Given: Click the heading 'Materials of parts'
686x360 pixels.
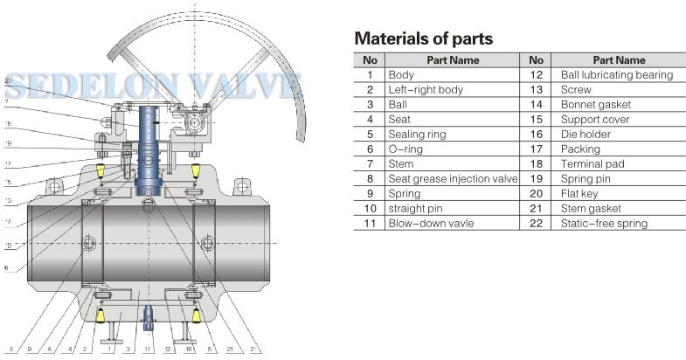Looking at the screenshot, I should [424, 39].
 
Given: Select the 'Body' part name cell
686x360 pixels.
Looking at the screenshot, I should [402, 75].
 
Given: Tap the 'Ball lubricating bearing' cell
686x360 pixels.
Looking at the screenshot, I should [617, 75].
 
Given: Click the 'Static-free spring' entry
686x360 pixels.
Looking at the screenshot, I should [605, 224].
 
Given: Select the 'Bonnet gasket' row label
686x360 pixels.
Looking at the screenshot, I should [595, 105].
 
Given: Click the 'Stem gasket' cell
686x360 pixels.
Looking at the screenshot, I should [591, 209].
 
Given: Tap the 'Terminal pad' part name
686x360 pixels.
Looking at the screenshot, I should [592, 164].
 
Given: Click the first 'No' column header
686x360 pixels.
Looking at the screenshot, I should [370, 60].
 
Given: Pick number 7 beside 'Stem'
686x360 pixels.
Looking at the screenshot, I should [370, 164].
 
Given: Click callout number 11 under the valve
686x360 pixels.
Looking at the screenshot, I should [149, 350].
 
